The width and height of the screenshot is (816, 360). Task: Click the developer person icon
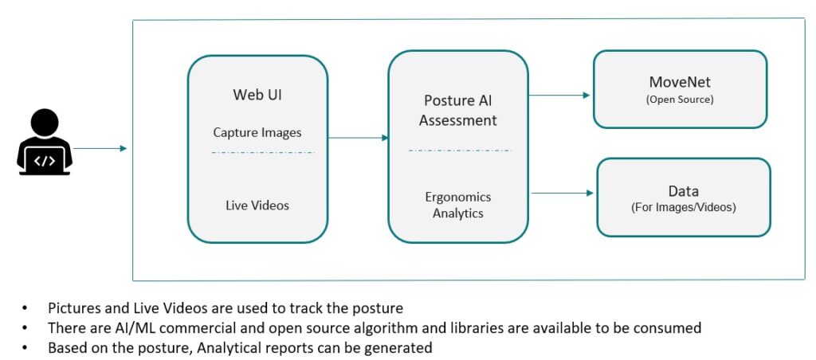45,142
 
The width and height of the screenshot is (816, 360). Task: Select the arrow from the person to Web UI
100,148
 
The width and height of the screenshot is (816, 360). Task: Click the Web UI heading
257,95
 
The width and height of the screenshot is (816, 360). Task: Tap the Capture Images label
257,132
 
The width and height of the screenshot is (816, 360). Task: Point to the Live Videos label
257,205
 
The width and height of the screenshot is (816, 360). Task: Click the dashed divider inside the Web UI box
263,151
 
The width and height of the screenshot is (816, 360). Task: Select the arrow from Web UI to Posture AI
358,138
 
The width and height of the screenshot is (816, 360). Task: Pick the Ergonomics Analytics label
458,205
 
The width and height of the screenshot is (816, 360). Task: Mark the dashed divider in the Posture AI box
460,150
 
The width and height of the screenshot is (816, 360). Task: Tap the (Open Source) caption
680,100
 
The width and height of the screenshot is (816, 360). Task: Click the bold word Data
684,191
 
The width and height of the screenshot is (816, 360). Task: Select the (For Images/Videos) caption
684,208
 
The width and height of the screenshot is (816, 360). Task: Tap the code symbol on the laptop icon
45,160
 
